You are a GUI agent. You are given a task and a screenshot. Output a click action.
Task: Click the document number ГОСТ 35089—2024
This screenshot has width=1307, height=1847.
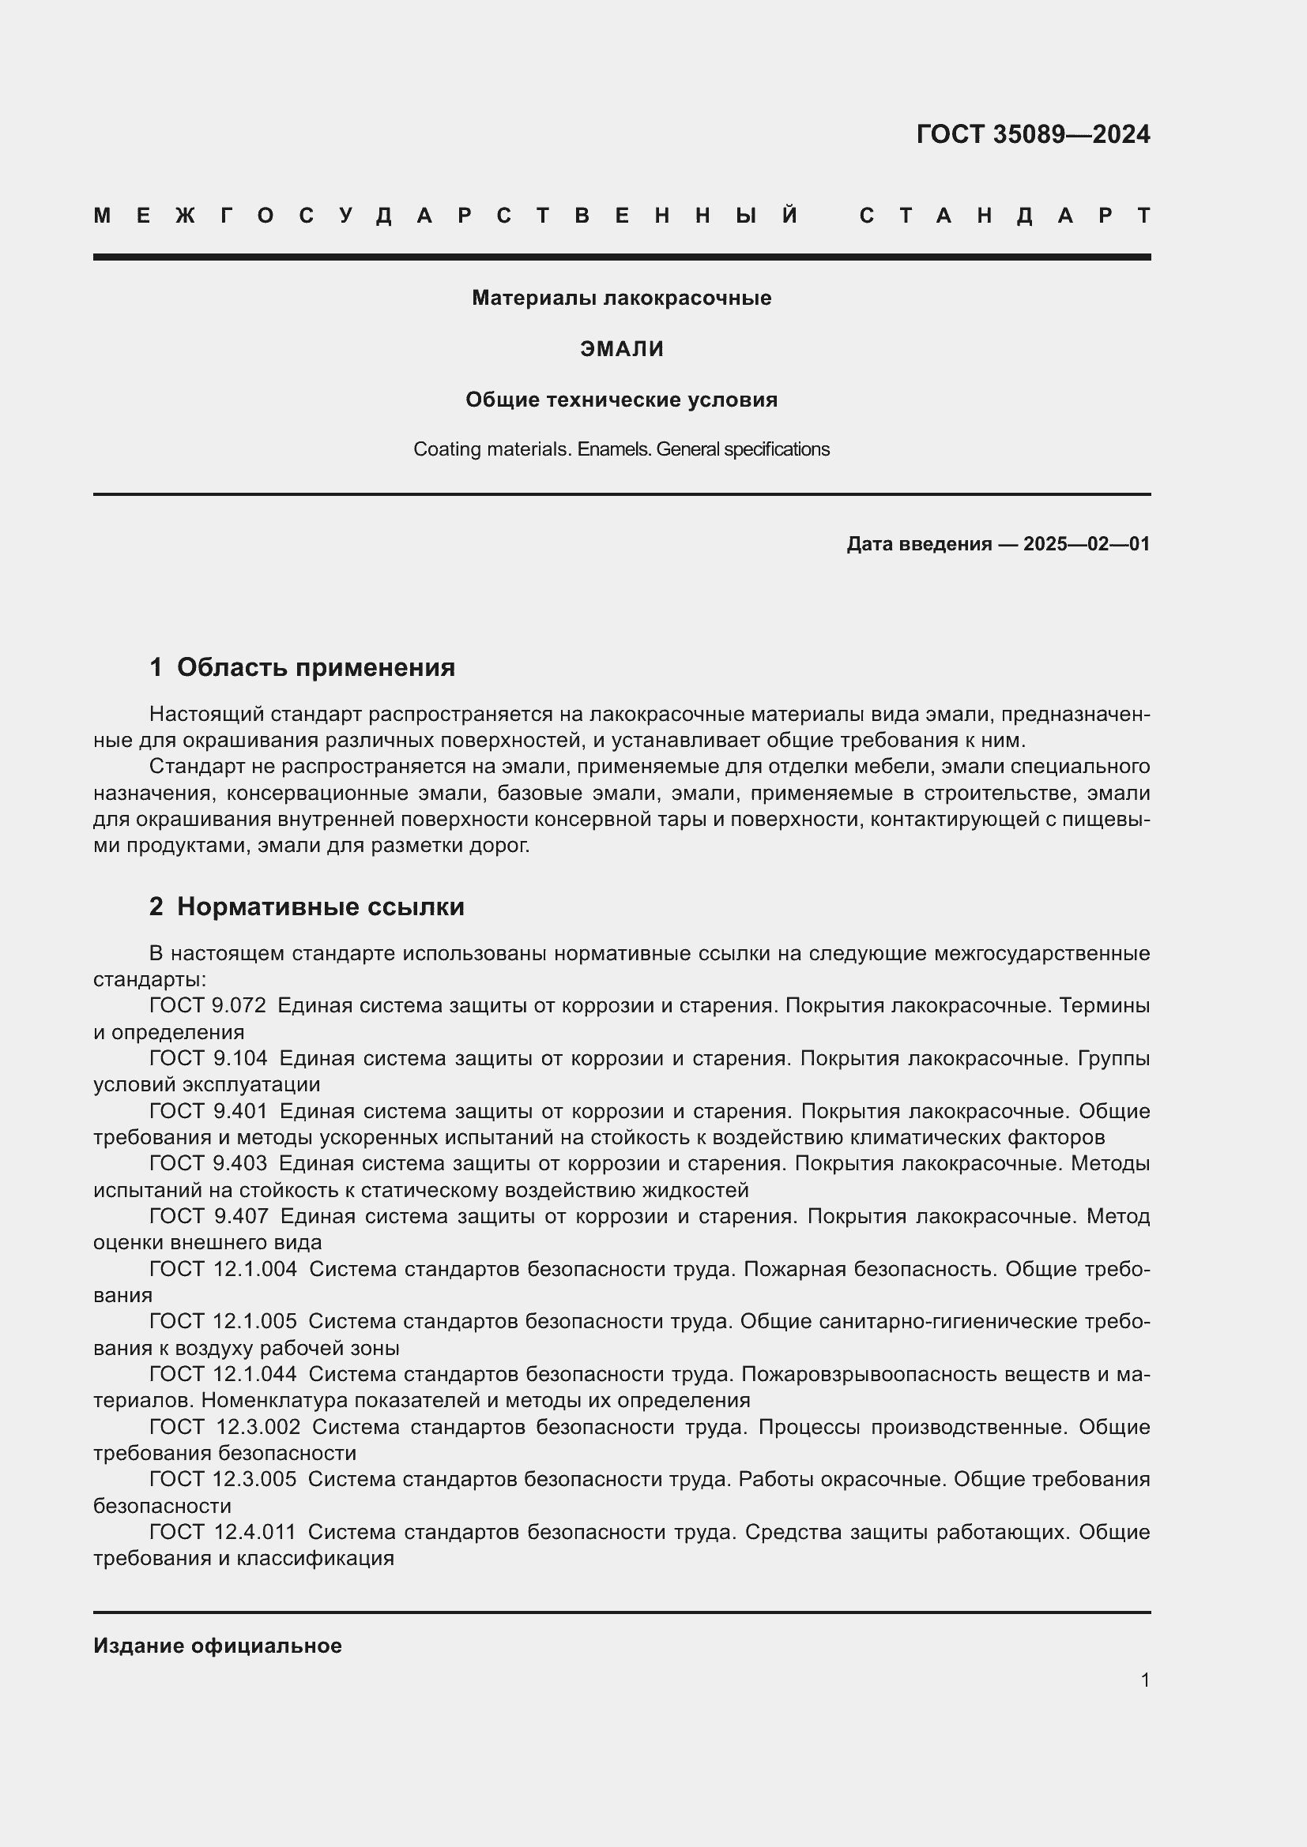[1033, 134]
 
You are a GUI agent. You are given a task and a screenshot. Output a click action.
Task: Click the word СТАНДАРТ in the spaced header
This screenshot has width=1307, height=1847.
[1004, 216]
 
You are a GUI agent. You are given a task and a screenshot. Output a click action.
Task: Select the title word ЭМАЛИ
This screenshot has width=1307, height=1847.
[621, 349]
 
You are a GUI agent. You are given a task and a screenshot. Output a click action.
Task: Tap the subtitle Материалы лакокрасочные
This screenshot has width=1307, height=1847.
[621, 298]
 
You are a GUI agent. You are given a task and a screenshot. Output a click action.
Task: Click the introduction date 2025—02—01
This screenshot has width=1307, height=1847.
[1086, 545]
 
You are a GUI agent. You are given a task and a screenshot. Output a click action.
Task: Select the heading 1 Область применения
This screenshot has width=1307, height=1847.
[302, 668]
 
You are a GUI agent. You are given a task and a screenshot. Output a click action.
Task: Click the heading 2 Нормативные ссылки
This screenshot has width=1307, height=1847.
[307, 907]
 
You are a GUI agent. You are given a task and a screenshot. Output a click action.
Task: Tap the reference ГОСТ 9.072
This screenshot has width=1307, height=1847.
[208, 1006]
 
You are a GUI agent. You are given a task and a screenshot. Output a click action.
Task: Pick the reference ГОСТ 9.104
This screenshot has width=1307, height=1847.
[209, 1059]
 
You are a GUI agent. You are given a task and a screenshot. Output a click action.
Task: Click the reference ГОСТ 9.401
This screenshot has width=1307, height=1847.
[209, 1112]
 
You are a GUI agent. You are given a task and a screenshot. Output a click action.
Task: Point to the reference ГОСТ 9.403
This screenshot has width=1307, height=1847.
[209, 1164]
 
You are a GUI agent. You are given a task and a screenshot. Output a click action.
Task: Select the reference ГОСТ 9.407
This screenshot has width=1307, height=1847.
[209, 1216]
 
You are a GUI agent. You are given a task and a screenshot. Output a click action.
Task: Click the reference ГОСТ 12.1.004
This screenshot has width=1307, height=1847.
[223, 1270]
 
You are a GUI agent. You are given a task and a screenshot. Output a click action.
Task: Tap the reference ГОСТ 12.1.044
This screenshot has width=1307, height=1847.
[223, 1375]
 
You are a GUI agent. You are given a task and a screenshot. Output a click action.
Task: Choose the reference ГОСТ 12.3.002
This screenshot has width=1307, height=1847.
[224, 1427]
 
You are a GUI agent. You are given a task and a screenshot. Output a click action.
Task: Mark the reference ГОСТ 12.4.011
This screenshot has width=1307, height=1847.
[223, 1533]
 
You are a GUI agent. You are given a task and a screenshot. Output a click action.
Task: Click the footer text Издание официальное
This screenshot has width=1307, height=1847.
[217, 1646]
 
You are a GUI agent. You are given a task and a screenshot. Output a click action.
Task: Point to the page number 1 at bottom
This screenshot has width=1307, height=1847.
[1144, 1680]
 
